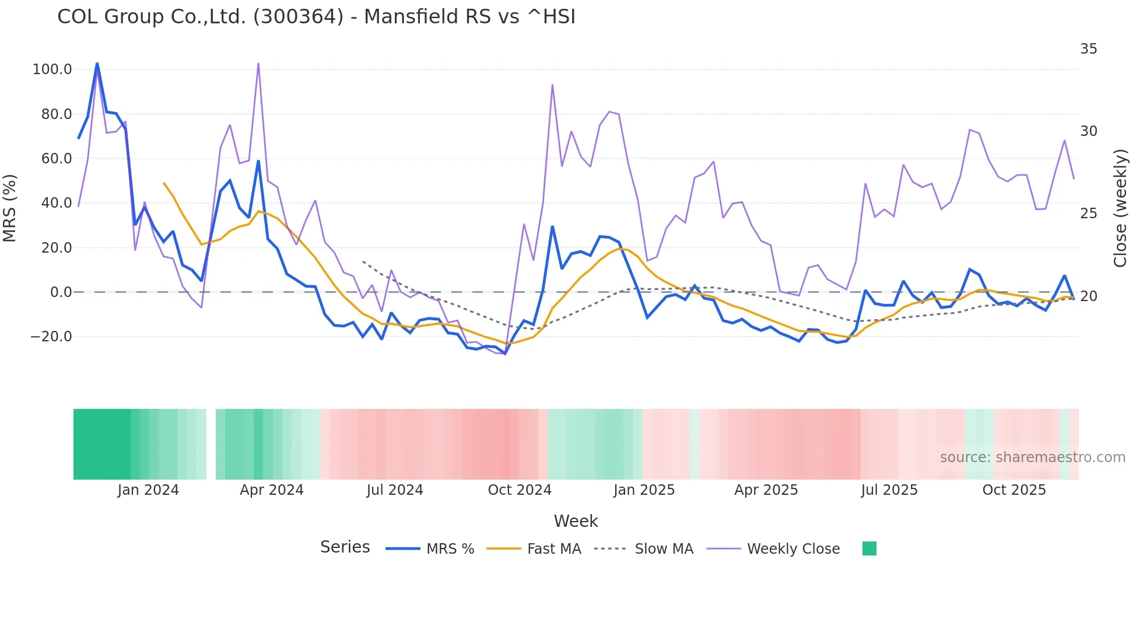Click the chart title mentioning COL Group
(x=316, y=17)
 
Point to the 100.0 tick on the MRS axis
(x=52, y=69)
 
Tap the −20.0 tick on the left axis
(x=51, y=337)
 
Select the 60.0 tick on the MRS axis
(x=56, y=159)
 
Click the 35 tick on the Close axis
(x=1088, y=49)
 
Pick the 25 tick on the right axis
(x=1088, y=214)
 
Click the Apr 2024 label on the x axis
(x=272, y=490)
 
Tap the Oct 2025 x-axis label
(x=1014, y=490)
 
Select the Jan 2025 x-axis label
(x=644, y=490)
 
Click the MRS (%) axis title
(x=10, y=208)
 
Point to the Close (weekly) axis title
(x=1120, y=208)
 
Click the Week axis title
(x=576, y=521)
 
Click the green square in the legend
(x=869, y=548)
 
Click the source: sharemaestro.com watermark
(x=1032, y=457)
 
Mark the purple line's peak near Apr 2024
(x=258, y=64)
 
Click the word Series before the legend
(x=345, y=547)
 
